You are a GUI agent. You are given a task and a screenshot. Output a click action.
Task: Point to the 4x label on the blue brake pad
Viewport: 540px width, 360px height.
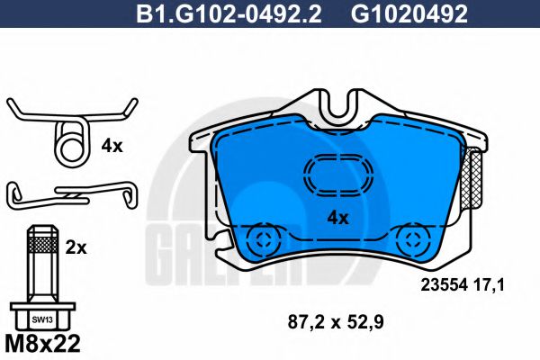click(x=337, y=217)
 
